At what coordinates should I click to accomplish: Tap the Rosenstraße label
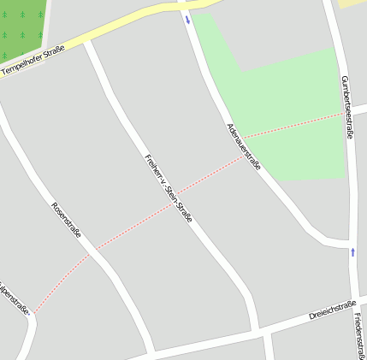pyautogui.click(x=66, y=220)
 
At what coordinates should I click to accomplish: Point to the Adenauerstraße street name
pyautogui.click(x=244, y=146)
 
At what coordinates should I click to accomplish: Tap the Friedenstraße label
pyautogui.click(x=355, y=337)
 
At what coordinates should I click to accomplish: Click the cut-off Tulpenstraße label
pyautogui.click(x=14, y=296)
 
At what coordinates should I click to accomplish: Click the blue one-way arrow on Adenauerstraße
pyautogui.click(x=187, y=19)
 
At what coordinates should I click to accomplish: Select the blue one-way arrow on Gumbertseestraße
pyautogui.click(x=352, y=251)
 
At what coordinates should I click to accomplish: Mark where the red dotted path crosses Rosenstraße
pyautogui.click(x=93, y=250)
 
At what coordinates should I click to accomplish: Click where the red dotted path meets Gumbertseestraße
pyautogui.click(x=345, y=113)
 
